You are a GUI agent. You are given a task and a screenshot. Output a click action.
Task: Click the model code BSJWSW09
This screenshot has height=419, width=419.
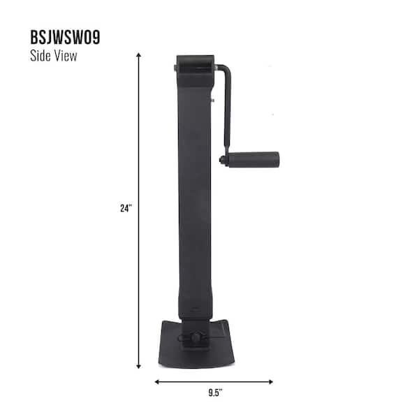[x=65, y=38]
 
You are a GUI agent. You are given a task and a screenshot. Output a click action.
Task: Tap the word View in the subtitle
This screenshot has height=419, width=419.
[x=65, y=57]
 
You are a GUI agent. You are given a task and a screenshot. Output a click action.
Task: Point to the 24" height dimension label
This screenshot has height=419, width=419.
[x=126, y=207]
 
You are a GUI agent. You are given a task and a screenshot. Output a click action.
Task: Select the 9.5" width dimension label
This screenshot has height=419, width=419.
[x=213, y=392]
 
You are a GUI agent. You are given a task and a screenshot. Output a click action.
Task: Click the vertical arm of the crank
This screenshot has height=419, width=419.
[x=227, y=112]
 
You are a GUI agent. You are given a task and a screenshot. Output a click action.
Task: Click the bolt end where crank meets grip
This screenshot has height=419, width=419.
[x=223, y=160]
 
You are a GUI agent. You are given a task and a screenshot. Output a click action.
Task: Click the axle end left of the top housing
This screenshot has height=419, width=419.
[x=175, y=68]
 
